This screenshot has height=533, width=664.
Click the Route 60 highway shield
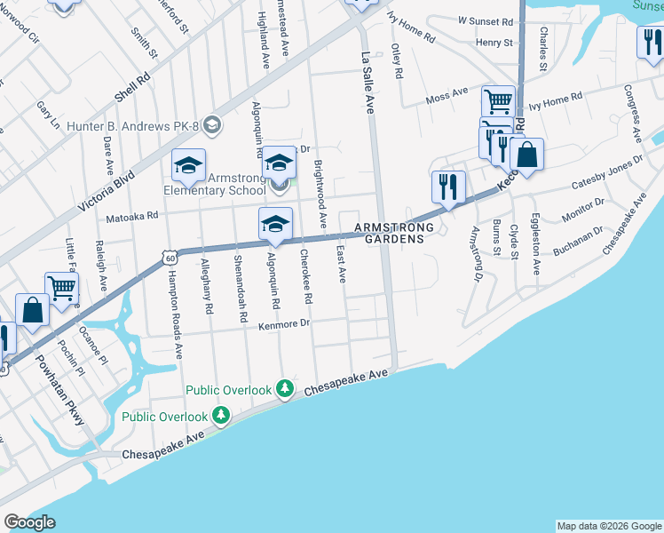[x=170, y=258]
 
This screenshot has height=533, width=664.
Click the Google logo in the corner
[x=29, y=522]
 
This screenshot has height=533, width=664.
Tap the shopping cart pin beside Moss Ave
[x=499, y=101]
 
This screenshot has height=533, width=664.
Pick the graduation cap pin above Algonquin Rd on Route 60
[x=275, y=224]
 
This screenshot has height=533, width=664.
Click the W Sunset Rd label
[x=486, y=20]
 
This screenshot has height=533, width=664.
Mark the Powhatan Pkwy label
[x=70, y=390]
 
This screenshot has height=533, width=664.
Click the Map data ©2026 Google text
[x=608, y=526]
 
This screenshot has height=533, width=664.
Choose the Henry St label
[x=494, y=42]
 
